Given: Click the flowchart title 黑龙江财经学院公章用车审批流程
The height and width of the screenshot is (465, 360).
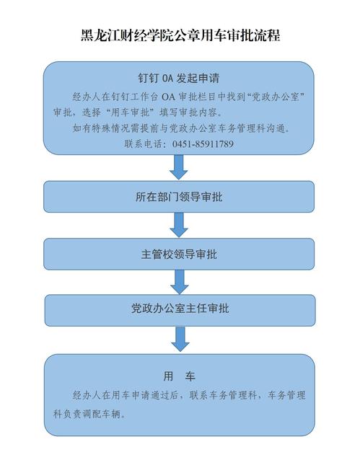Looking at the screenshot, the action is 180,35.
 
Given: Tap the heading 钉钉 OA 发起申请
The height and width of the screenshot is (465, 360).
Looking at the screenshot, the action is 179,78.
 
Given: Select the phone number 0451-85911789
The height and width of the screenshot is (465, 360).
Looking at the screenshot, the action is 203,144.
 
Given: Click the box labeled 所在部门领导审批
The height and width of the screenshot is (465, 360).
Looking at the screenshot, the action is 179,197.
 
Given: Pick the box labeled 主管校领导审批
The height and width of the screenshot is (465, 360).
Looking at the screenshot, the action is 179,254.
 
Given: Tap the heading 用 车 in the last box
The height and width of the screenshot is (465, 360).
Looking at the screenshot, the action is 179,376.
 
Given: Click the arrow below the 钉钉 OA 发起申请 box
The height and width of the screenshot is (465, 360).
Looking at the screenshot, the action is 179,167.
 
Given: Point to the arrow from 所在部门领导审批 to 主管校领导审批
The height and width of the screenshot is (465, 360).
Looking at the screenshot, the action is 179,225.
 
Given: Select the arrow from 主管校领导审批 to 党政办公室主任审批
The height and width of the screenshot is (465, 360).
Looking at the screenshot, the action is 179,282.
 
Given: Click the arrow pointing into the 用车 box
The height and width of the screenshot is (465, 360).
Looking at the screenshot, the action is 180,340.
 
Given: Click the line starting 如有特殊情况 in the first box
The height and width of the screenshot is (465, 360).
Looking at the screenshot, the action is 181,128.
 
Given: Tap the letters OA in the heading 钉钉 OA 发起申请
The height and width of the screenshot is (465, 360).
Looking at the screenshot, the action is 168,79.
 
